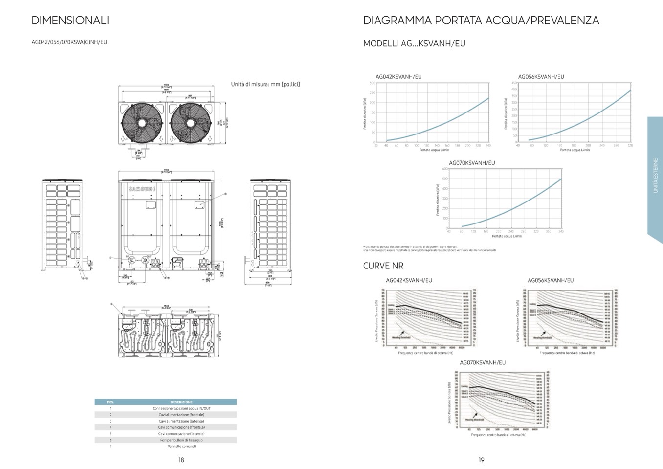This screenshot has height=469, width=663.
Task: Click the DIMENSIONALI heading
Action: pyautogui.click(x=70, y=20)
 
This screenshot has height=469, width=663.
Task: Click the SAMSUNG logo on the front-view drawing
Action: pyautogui.click(x=142, y=189)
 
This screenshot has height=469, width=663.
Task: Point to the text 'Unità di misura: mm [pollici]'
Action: pyautogui.click(x=265, y=84)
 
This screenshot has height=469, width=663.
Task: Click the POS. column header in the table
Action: pyautogui.click(x=110, y=402)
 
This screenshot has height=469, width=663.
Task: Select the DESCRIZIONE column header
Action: pyautogui.click(x=181, y=402)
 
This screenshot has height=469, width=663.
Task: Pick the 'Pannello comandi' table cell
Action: pyautogui.click(x=181, y=446)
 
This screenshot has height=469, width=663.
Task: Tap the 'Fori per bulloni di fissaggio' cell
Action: pyautogui.click(x=181, y=440)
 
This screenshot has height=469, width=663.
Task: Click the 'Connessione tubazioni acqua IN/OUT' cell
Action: pyautogui.click(x=181, y=408)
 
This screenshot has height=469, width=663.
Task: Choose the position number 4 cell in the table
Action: pyautogui.click(x=110, y=427)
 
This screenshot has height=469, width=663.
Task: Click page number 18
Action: pyautogui.click(x=181, y=460)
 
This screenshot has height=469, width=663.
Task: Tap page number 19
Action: pyautogui.click(x=481, y=460)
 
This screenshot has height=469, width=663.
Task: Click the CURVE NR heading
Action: pyautogui.click(x=383, y=266)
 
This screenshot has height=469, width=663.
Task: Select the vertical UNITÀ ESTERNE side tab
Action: pyautogui.click(x=655, y=176)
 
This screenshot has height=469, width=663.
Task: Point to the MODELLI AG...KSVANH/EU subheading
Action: pyautogui.click(x=414, y=44)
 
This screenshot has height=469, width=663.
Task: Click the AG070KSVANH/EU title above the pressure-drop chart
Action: pyautogui.click(x=472, y=163)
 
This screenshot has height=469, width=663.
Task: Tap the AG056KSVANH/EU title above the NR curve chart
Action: pyautogui.click(x=551, y=280)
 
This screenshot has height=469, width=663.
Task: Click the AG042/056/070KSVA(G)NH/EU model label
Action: pyautogui.click(x=69, y=42)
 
